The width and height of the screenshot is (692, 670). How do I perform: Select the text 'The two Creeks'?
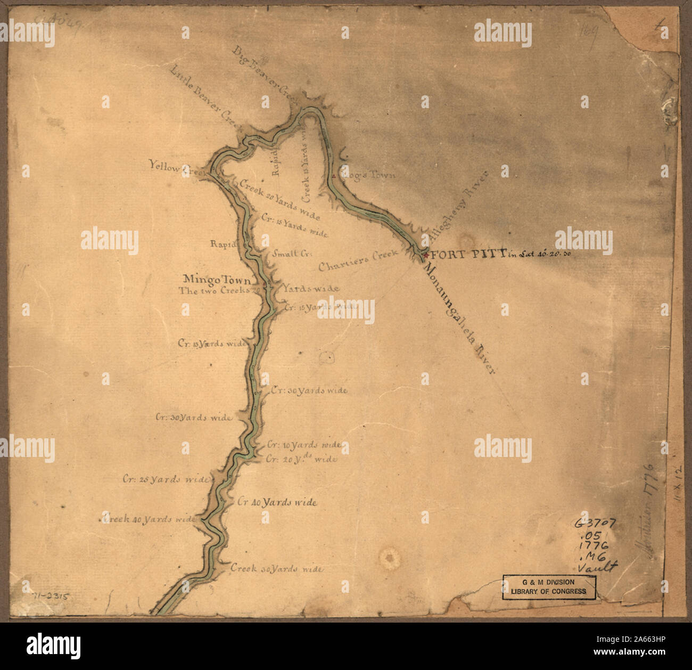[215, 291]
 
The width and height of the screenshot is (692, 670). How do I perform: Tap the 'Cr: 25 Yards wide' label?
[164, 479]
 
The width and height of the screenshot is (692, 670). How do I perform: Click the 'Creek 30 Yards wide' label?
[276, 569]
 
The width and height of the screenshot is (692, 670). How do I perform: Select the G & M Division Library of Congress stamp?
[549, 587]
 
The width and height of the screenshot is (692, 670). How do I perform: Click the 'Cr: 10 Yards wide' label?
[304, 444]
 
